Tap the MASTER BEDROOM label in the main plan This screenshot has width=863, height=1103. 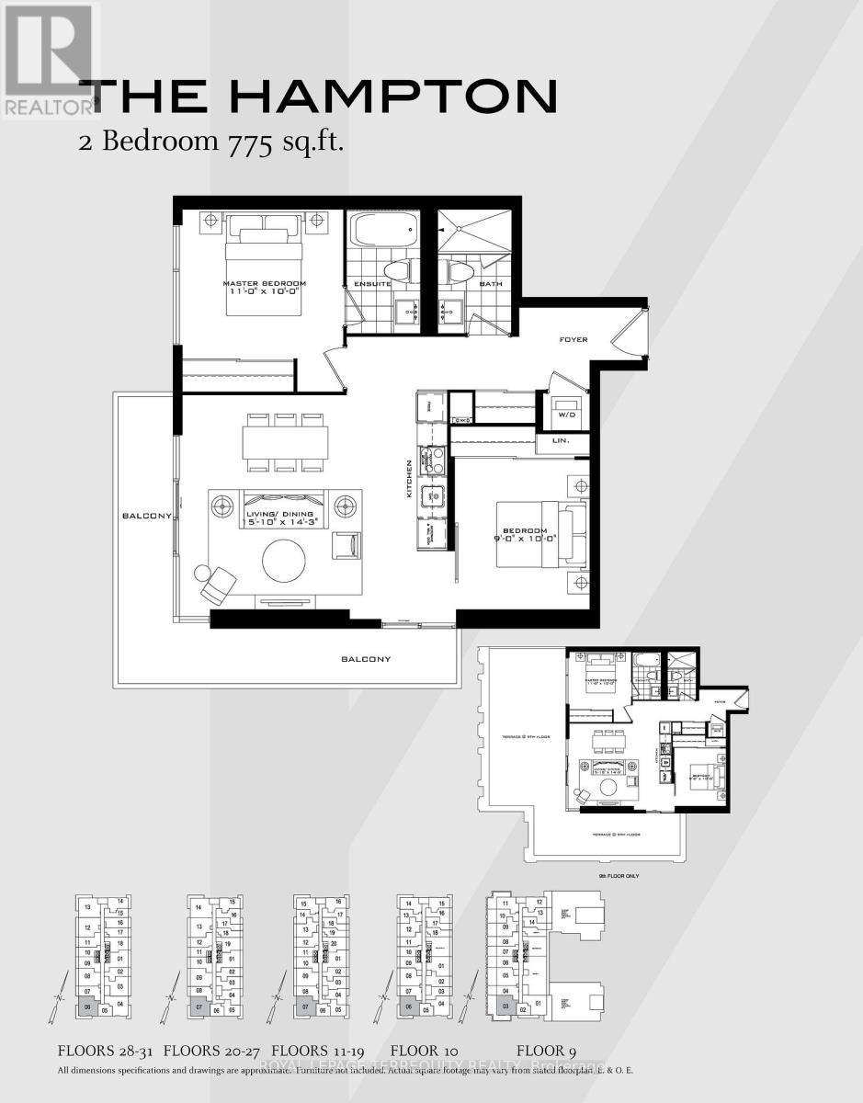pos(264,284)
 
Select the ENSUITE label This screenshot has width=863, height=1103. pos(367,284)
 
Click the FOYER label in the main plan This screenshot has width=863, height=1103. pos(573,340)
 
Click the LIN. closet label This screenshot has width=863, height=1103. pos(561,441)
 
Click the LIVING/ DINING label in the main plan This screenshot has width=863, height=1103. pos(280,514)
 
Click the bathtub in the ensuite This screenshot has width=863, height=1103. pos(383,231)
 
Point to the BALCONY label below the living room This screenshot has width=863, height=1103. pos(366,659)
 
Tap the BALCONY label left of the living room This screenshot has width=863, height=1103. pos(146,517)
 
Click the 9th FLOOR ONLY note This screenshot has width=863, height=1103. pos(619,876)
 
